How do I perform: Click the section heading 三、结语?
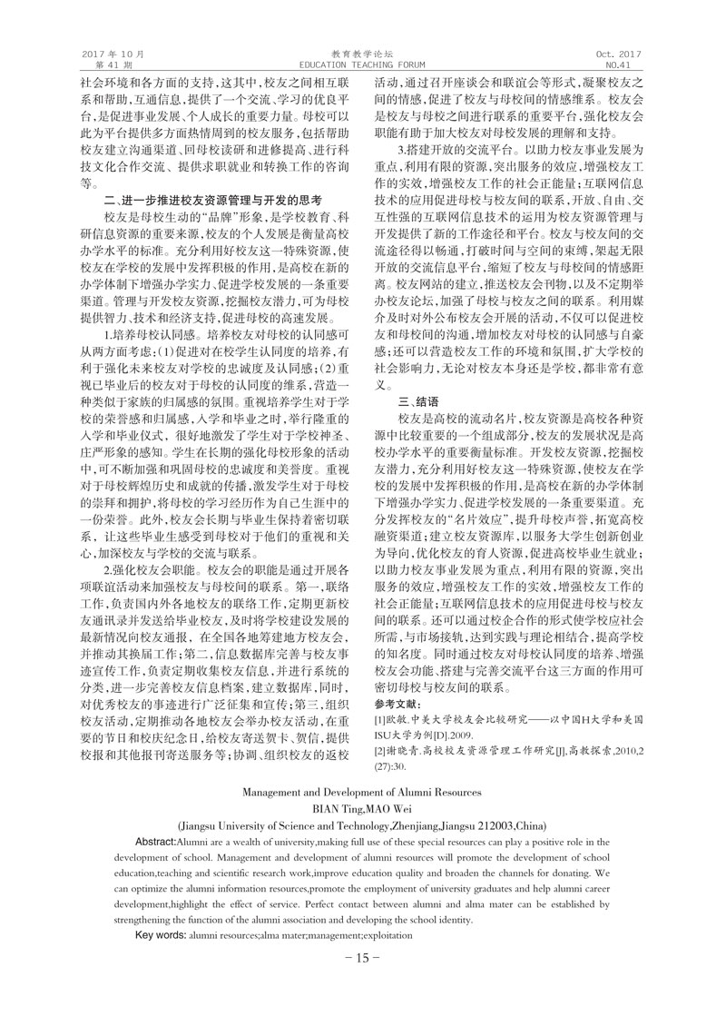click(x=418, y=400)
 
